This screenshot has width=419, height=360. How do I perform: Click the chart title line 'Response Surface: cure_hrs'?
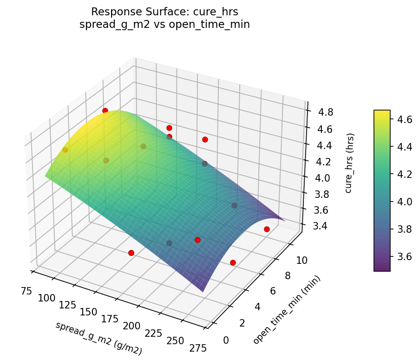click(x=164, y=12)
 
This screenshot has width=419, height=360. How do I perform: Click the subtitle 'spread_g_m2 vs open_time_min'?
click(x=164, y=25)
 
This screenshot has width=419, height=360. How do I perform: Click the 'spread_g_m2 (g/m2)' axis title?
click(x=98, y=338)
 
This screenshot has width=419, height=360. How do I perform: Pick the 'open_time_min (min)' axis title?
click(x=287, y=309)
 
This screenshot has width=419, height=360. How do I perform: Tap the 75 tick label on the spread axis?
click(x=26, y=291)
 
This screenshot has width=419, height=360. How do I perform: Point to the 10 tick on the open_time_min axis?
click(x=301, y=260)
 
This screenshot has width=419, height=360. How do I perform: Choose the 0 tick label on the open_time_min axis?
click(x=226, y=340)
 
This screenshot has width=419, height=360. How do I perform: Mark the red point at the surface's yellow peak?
click(x=105, y=111)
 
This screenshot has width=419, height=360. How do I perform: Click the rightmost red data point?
click(x=267, y=229)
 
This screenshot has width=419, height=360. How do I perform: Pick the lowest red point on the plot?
click(x=233, y=262)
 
